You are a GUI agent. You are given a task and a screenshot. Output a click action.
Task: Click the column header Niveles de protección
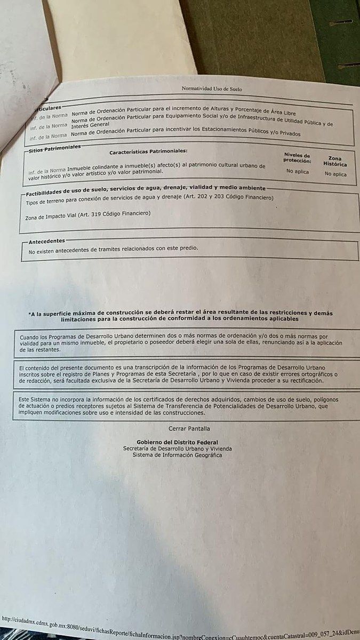pyautogui.click(x=297, y=158)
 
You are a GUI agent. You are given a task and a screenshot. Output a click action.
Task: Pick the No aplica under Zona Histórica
pyautogui.click(x=335, y=174)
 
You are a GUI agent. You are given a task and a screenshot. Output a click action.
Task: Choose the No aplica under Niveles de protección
pyautogui.click(x=297, y=171)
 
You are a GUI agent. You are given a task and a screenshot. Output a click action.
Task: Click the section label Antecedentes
pyautogui.click(x=46, y=241)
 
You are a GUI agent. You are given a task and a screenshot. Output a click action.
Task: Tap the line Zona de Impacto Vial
pyautogui.click(x=88, y=214)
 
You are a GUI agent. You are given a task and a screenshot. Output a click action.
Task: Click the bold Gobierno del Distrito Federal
pyautogui.click(x=177, y=443)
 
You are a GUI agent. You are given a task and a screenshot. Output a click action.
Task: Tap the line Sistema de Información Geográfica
pyautogui.click(x=177, y=455)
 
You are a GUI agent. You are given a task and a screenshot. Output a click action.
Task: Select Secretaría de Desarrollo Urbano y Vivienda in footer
pyautogui.click(x=177, y=449)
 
